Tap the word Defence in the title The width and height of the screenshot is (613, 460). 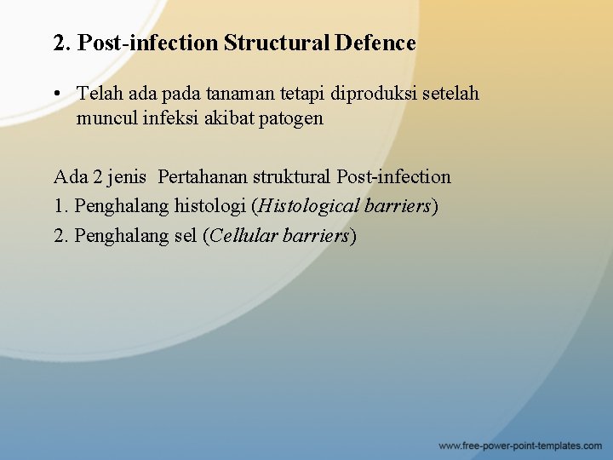pos(375,43)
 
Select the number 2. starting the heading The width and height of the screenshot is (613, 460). pos(62,43)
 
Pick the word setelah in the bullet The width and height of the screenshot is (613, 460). pos(451,93)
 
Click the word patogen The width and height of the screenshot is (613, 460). pos(293,118)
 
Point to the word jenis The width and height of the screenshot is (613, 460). pos(128,177)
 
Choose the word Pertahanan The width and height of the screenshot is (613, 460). pos(203,177)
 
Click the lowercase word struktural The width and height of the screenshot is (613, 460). pos(292,177)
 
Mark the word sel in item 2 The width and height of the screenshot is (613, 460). pos(184,235)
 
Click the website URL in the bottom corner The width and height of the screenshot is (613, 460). pos(520,446)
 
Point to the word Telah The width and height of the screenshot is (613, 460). pos(98,93)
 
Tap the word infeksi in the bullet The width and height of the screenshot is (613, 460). pos(170,118)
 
